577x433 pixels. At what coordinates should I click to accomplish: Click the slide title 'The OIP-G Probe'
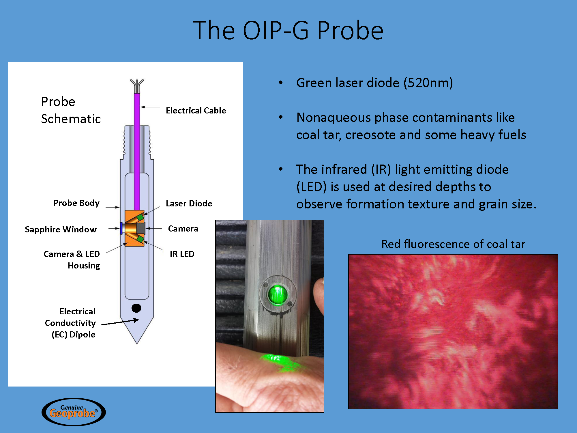288,30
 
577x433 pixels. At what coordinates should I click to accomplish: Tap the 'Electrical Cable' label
196,111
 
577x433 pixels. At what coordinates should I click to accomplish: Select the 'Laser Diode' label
189,204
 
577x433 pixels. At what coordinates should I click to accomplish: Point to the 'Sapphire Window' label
61,229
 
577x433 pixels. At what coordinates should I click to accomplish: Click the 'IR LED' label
182,254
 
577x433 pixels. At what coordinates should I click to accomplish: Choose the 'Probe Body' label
76,203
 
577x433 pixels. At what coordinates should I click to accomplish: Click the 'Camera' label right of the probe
183,229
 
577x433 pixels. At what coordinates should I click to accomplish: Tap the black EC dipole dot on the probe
136,308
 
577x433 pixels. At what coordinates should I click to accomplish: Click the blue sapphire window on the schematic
121,228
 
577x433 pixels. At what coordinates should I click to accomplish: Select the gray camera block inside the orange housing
140,228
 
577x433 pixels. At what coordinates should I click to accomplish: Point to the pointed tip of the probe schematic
137,344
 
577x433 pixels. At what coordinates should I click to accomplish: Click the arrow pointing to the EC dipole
120,322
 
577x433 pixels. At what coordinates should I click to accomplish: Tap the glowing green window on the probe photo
278,295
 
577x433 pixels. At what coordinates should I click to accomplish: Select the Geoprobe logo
74,412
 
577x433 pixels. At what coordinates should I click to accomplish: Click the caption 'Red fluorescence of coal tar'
453,244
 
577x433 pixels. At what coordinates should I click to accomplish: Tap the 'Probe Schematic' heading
71,110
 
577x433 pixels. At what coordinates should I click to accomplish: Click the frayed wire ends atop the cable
137,86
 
